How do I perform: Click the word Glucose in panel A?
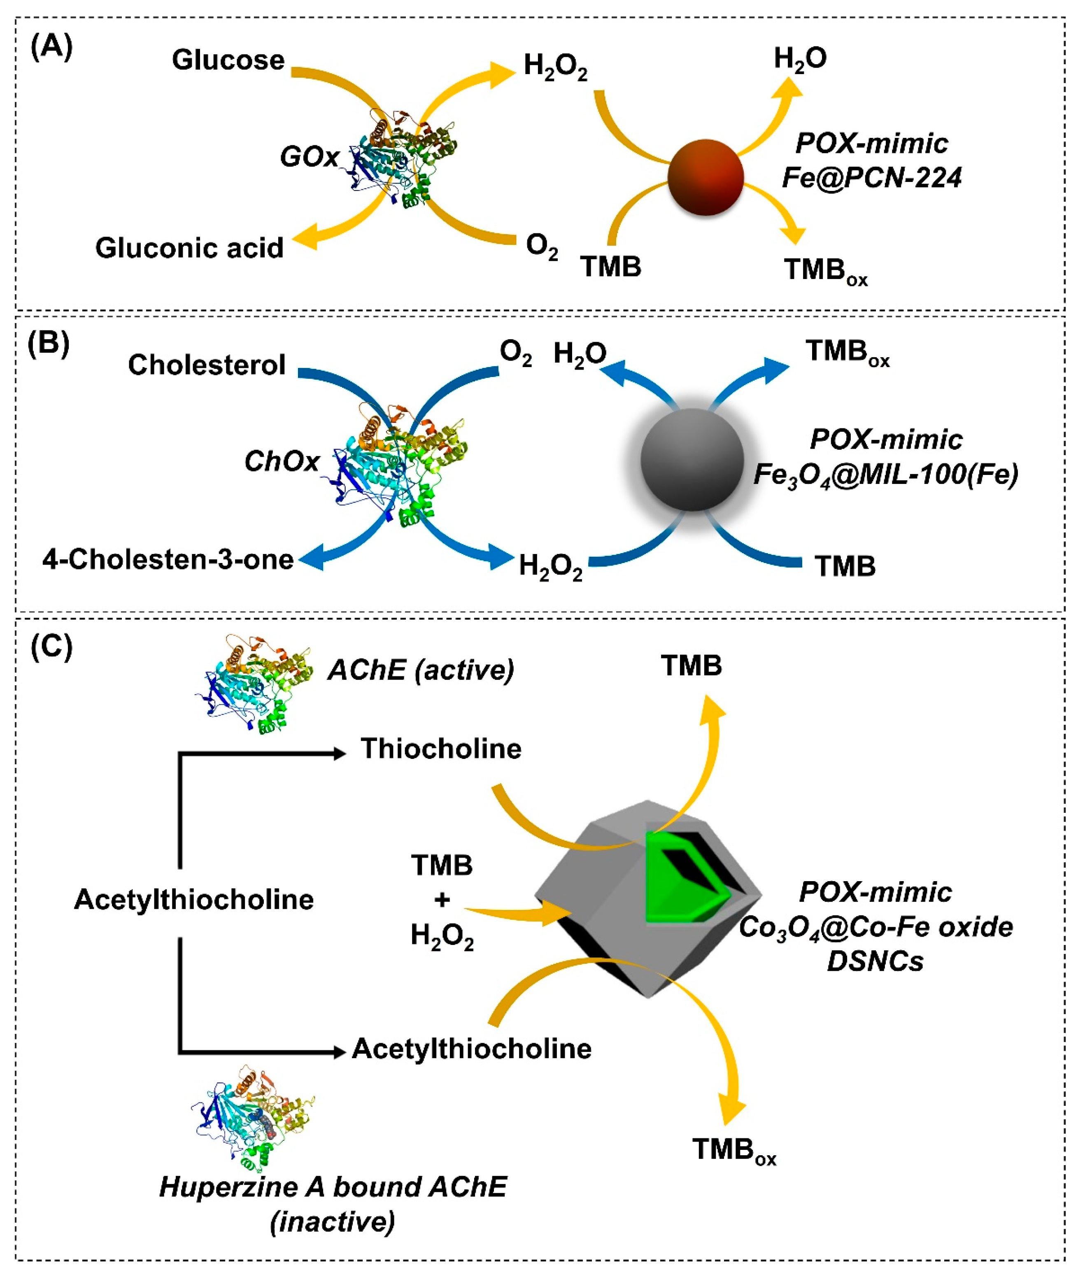(x=228, y=60)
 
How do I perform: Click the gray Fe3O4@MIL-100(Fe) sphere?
(x=692, y=459)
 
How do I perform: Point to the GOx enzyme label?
(x=309, y=157)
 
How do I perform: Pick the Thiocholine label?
(x=440, y=748)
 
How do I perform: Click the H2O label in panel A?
(x=800, y=59)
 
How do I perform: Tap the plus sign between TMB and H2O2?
(x=442, y=899)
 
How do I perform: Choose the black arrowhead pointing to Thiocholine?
(x=339, y=754)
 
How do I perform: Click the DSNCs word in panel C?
(x=875, y=961)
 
